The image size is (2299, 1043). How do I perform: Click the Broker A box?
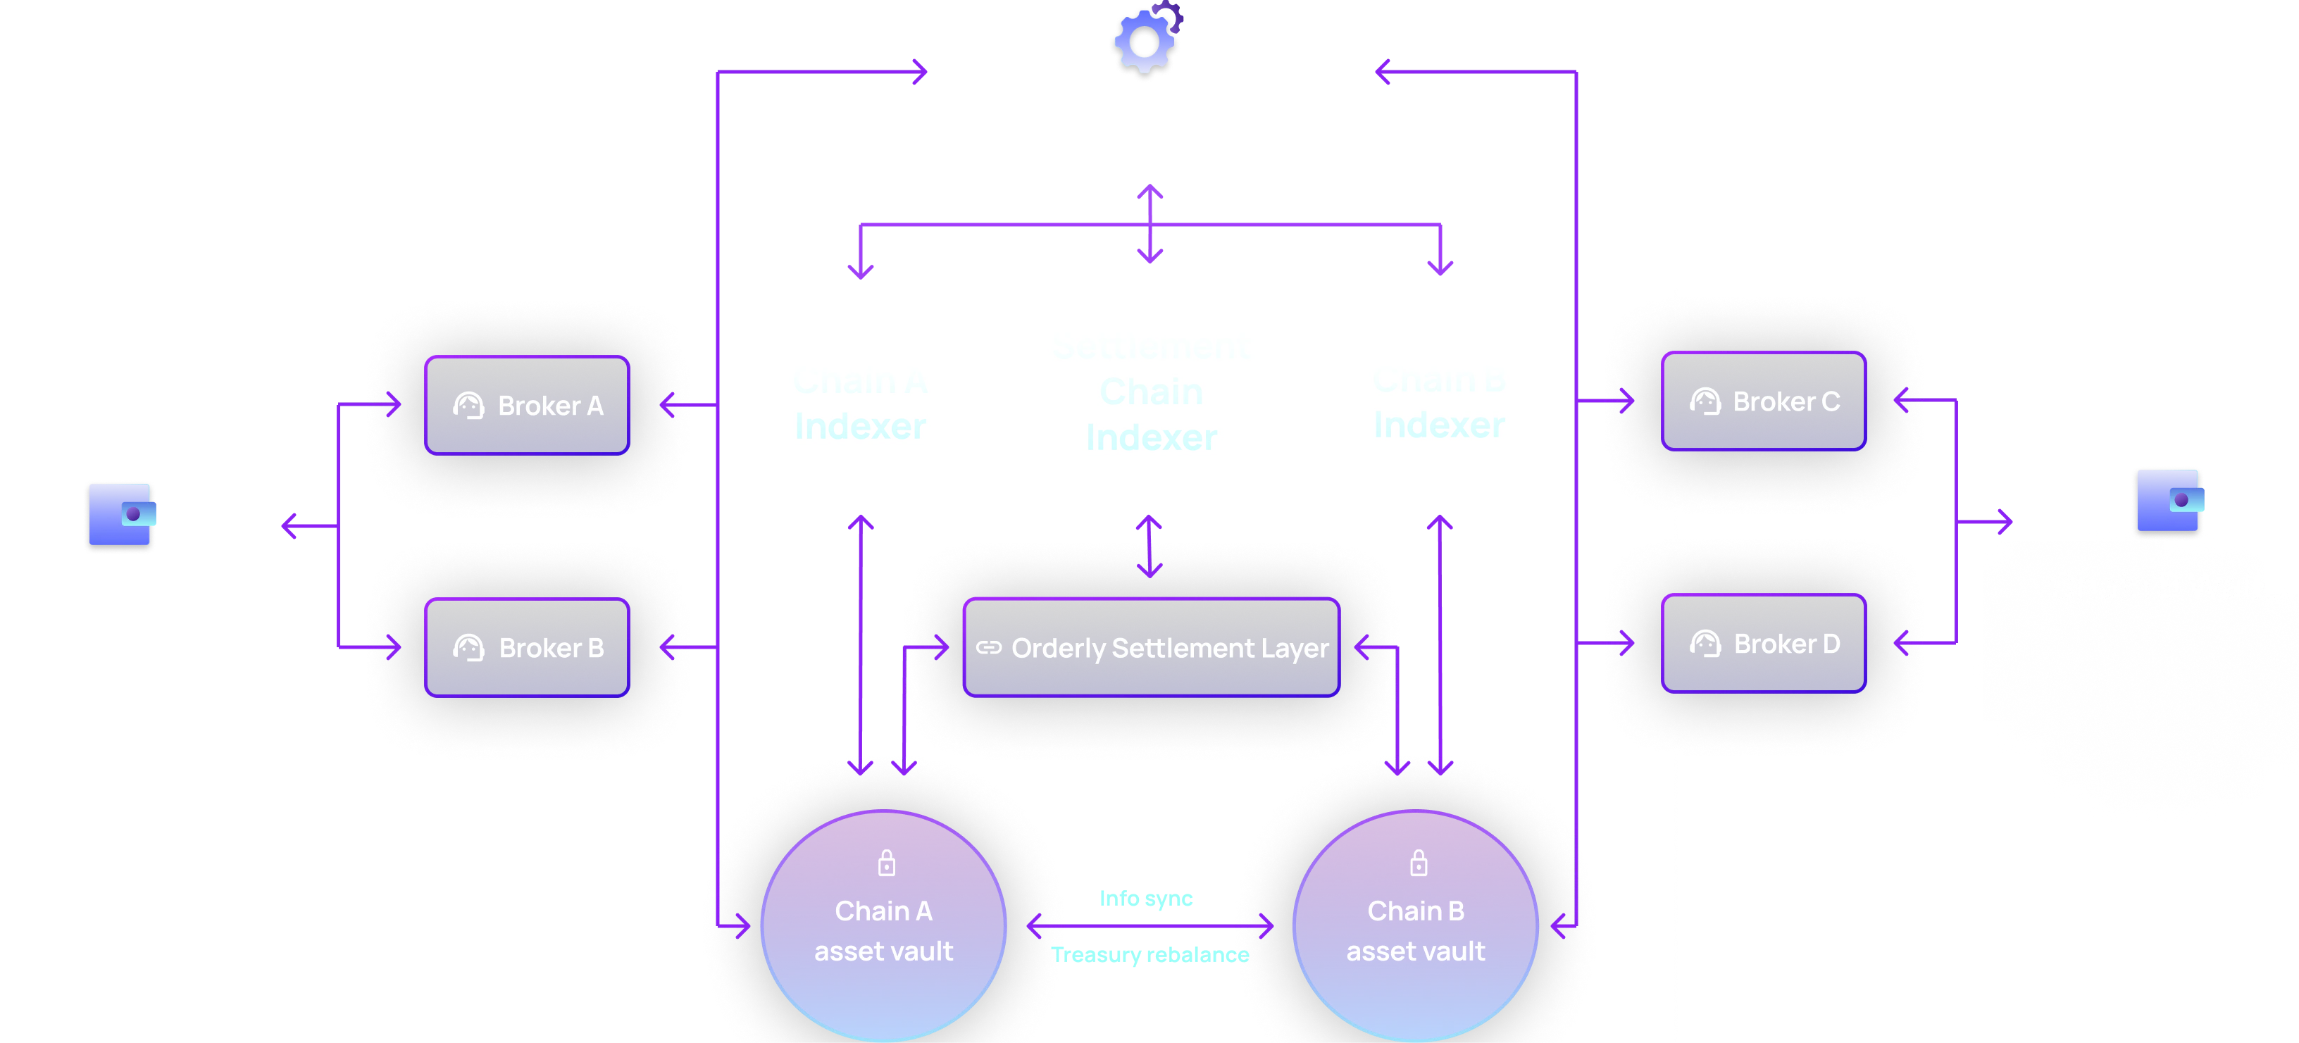[527, 405]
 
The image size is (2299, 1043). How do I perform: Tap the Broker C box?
[1762, 401]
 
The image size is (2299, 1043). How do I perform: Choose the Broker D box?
[1762, 642]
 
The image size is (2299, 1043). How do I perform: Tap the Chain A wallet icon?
[120, 517]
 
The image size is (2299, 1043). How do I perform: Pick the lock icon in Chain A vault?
[886, 863]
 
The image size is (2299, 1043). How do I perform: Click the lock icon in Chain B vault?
[1418, 863]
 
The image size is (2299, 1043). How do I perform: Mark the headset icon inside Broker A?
[468, 406]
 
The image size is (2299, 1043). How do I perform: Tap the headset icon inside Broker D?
[1705, 643]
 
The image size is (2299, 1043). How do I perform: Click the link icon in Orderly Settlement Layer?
[989, 648]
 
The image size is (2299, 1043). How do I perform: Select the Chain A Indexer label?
[859, 406]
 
